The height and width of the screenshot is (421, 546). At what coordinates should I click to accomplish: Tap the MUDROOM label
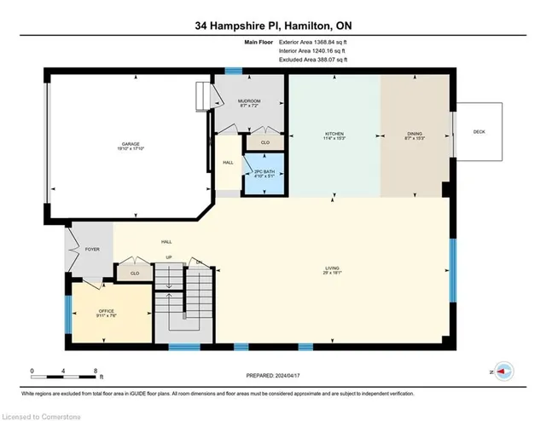[x=248, y=102]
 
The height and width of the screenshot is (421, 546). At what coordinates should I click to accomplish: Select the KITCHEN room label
[x=334, y=135]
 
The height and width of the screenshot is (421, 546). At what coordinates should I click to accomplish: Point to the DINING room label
[x=413, y=135]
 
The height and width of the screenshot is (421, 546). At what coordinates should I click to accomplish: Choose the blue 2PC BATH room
[x=264, y=173]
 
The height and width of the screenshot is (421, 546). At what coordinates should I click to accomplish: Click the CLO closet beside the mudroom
[x=264, y=141]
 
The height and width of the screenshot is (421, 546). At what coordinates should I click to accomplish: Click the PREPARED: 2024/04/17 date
[x=272, y=375]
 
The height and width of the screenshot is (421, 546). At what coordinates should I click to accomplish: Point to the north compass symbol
[x=502, y=372]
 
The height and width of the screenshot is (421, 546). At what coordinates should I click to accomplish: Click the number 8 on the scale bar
[x=95, y=371]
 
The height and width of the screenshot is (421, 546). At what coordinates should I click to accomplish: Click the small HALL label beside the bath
[x=228, y=162]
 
